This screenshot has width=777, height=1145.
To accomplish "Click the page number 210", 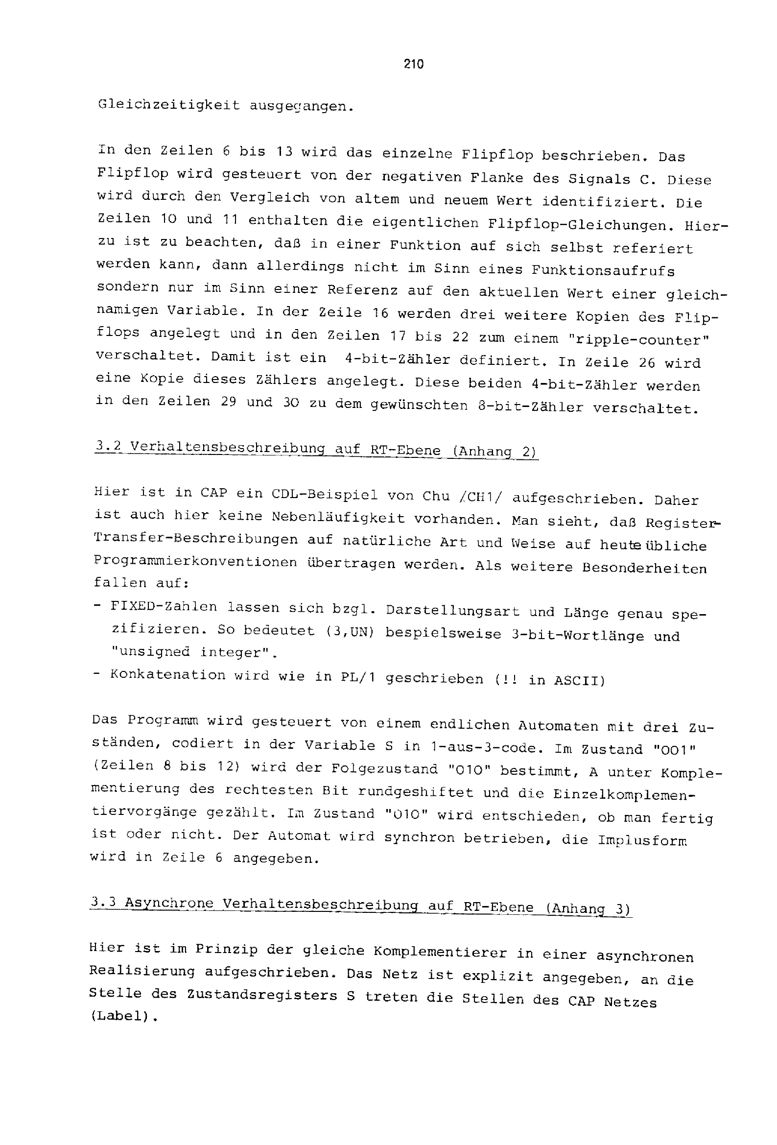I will pyautogui.click(x=413, y=64).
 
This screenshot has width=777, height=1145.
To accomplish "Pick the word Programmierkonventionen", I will pyautogui.click(x=196, y=562).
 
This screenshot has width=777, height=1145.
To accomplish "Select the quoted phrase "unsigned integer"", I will pyautogui.click(x=193, y=652).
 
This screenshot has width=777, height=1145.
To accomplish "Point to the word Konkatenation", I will pyautogui.click(x=167, y=674).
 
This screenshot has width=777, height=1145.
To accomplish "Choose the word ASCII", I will pyautogui.click(x=579, y=680).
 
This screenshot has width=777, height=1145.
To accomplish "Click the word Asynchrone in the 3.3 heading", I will pyautogui.click(x=168, y=903).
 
